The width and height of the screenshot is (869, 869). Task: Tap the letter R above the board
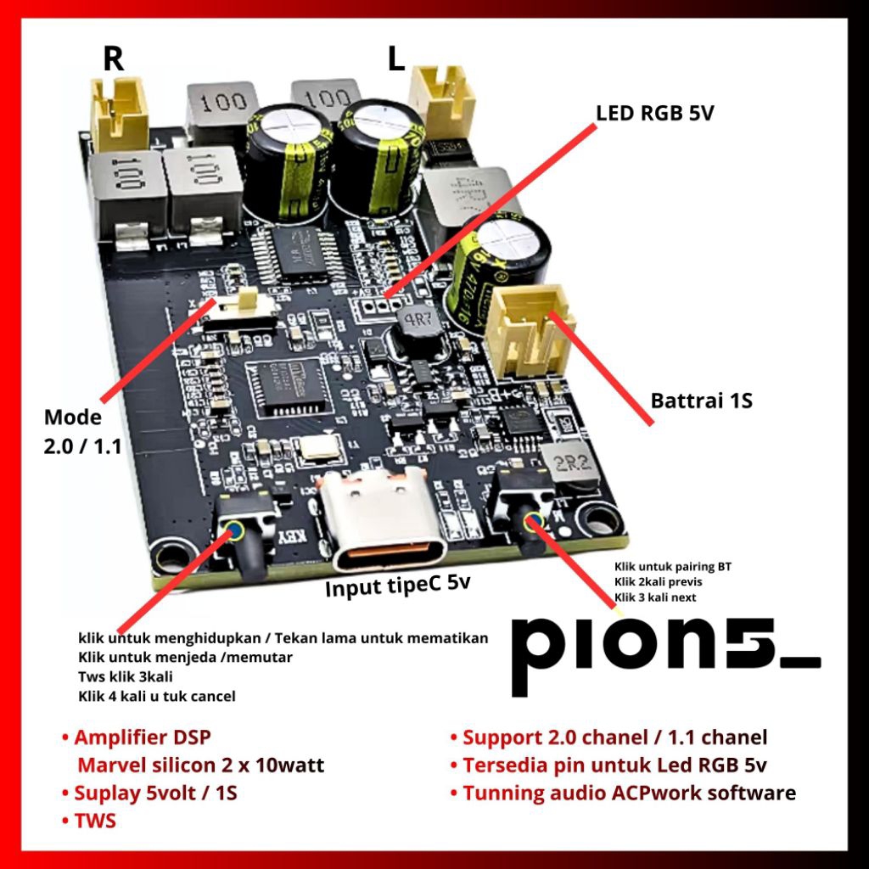[x=113, y=59]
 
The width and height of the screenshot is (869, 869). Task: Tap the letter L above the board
[x=395, y=59]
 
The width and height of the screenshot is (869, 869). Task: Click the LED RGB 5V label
[x=654, y=113]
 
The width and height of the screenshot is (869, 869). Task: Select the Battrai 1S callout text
[x=701, y=400]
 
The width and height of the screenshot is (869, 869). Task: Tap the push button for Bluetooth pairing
[x=534, y=521]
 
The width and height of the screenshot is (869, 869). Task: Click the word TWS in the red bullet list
[x=95, y=821]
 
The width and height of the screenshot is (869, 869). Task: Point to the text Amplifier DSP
[x=142, y=737]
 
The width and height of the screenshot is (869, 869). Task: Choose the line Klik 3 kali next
[x=656, y=597]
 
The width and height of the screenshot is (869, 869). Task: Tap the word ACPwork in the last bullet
[x=653, y=793]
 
